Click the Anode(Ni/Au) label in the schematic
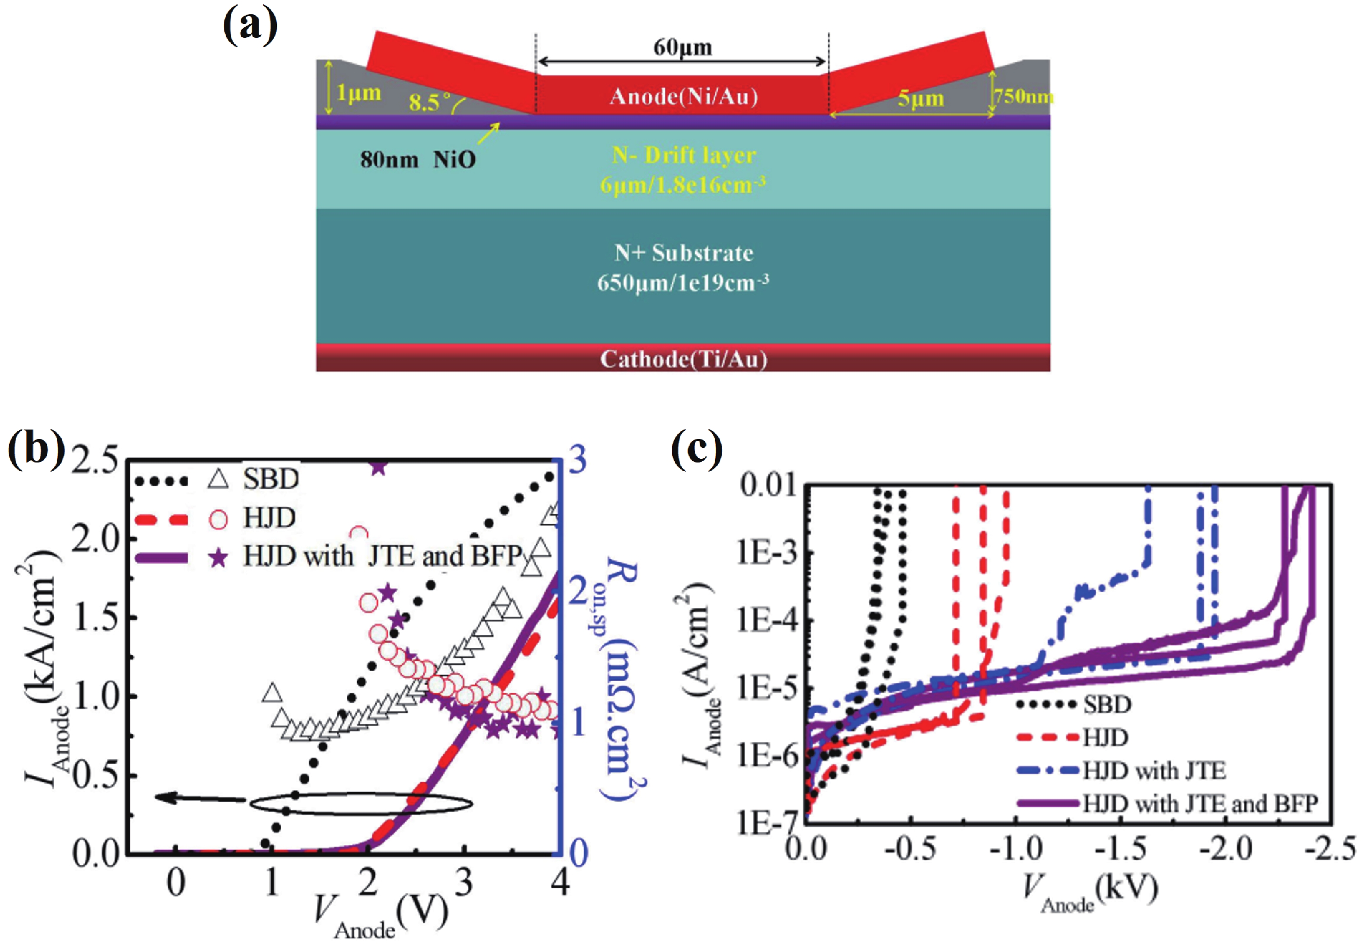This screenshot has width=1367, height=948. coord(683,96)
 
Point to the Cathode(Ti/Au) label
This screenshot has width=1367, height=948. coord(683,359)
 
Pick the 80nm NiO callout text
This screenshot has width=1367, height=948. coord(417,159)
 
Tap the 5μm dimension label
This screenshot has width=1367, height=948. coord(920,98)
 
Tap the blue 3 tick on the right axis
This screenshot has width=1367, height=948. coord(578,460)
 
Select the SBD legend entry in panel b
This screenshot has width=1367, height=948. coord(270,479)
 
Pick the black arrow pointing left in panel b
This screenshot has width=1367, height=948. coord(199,798)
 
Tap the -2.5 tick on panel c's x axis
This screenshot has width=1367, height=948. coord(1330,848)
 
